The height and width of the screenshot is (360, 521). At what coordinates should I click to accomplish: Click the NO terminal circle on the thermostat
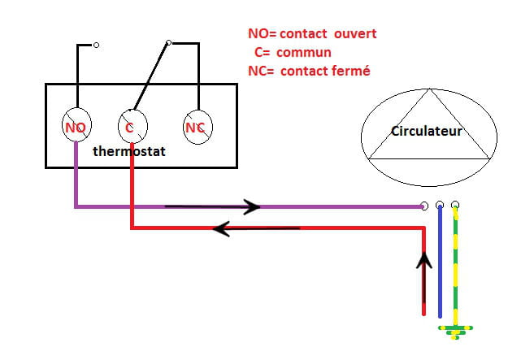(x=76, y=127)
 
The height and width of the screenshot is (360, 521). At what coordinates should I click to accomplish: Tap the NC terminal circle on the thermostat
(x=194, y=127)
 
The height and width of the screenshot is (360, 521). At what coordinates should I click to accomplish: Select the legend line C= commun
(x=301, y=53)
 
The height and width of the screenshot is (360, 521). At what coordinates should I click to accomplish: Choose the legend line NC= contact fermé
(x=309, y=71)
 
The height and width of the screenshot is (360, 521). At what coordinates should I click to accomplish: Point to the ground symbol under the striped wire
(x=456, y=329)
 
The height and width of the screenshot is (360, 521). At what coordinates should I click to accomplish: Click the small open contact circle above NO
(x=96, y=46)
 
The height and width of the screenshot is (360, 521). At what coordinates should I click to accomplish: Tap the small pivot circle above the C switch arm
(x=168, y=43)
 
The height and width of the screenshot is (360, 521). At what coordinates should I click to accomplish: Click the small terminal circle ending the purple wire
(x=424, y=206)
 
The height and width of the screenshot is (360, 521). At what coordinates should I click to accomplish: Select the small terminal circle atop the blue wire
(x=440, y=205)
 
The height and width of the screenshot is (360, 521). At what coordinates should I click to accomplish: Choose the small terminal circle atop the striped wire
(x=455, y=205)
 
